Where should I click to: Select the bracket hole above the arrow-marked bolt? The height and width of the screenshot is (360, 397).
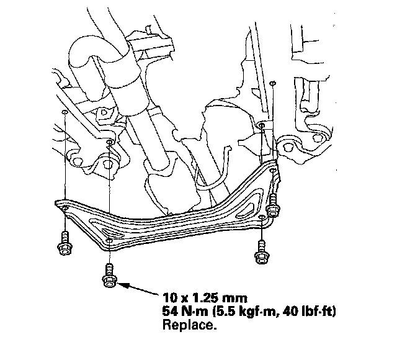(x=109, y=240)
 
